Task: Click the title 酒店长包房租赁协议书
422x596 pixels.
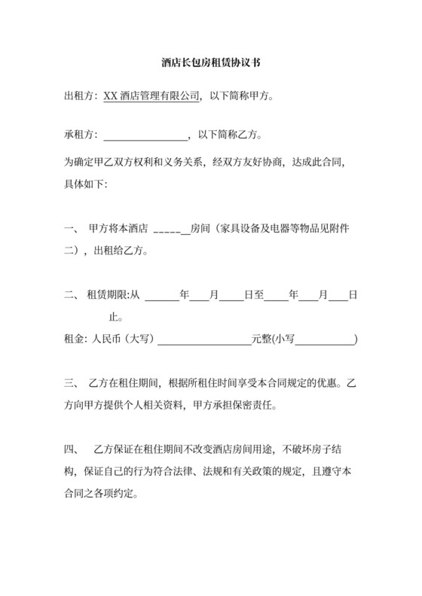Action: pyautogui.click(x=210, y=65)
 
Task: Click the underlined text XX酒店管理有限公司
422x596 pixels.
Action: pyautogui.click(x=152, y=96)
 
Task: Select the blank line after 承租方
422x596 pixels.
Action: pyautogui.click(x=145, y=136)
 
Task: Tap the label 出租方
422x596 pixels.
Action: pyautogui.click(x=80, y=96)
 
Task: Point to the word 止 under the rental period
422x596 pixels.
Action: pyautogui.click(x=115, y=317)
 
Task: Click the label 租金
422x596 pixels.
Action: pyautogui.click(x=75, y=339)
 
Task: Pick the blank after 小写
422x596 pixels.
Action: pyautogui.click(x=326, y=339)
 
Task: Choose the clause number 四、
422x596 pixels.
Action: pyautogui.click(x=71, y=452)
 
